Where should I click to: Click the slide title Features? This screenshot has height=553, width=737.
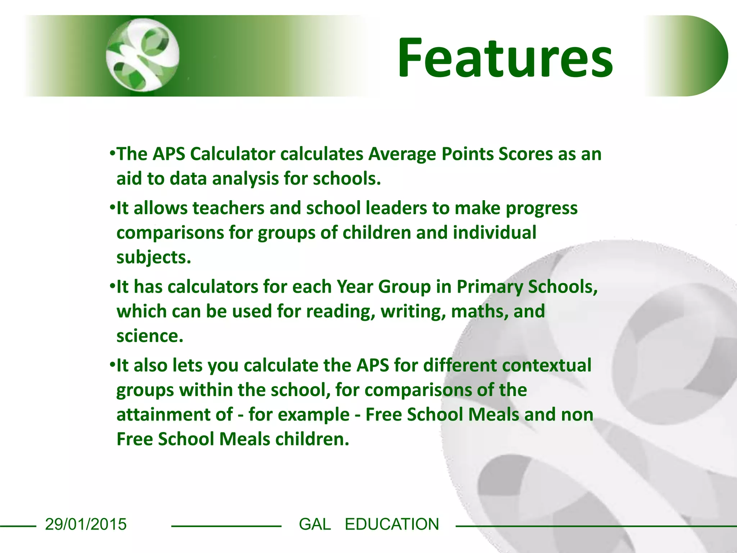(x=505, y=58)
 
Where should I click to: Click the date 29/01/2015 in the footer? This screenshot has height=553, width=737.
(x=86, y=524)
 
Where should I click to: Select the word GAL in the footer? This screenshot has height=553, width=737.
(x=315, y=524)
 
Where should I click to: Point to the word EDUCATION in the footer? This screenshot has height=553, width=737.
(x=392, y=524)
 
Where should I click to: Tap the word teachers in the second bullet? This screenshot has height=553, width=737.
(x=229, y=208)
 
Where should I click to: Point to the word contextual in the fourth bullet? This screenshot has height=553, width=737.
(x=547, y=365)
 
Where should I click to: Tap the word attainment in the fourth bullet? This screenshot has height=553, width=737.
(x=175, y=414)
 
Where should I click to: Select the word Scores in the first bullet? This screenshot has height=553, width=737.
(x=525, y=154)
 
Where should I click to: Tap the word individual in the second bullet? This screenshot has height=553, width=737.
(x=494, y=233)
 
